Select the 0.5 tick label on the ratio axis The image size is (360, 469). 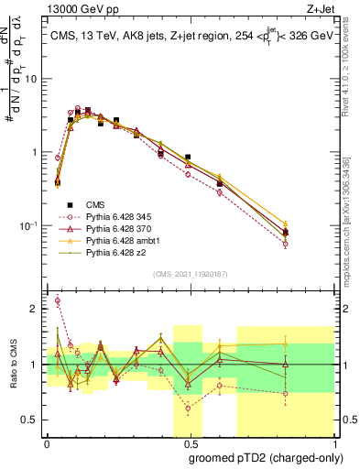coord(32,420)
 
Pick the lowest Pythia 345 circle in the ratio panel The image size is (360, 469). coord(188,409)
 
